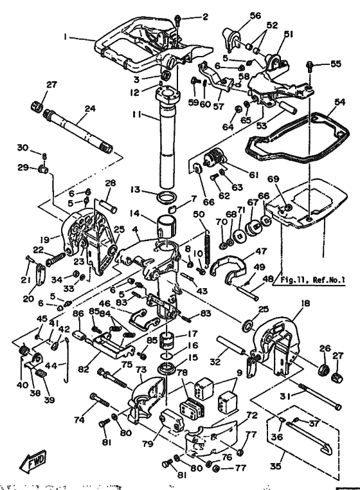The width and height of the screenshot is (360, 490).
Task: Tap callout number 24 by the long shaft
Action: [89, 109]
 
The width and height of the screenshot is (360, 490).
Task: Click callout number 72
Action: [251, 417]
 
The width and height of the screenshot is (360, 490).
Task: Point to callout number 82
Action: [83, 371]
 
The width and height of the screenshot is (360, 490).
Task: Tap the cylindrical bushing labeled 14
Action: [166, 227]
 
